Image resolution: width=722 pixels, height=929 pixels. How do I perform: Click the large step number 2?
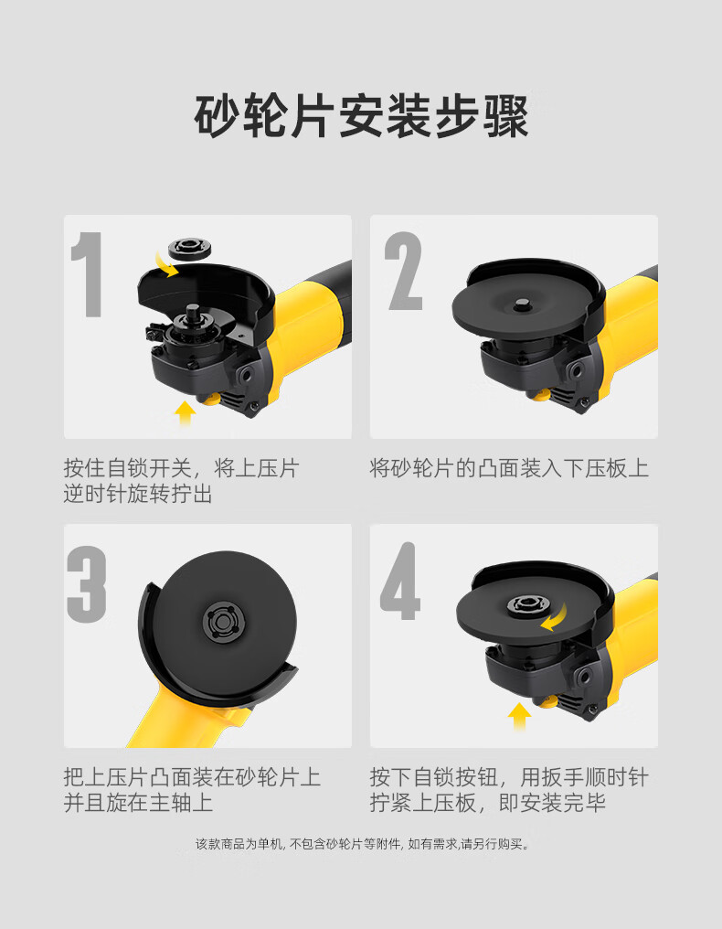pyautogui.click(x=404, y=271)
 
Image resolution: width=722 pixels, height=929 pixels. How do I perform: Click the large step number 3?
pyautogui.click(x=87, y=584)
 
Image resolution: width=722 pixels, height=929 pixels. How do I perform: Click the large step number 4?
pyautogui.click(x=400, y=582)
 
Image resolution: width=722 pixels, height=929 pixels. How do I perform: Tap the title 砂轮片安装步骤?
pyautogui.click(x=361, y=115)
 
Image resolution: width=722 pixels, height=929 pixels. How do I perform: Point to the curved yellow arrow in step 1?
pyautogui.click(x=165, y=263)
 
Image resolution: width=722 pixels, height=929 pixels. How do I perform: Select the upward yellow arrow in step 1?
pyautogui.click(x=186, y=413)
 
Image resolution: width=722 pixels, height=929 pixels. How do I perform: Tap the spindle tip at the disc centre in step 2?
pyautogui.click(x=522, y=304)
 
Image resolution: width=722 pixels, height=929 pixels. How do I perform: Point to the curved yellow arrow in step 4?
pyautogui.click(x=554, y=618)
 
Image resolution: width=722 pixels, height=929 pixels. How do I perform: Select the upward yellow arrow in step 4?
pyautogui.click(x=519, y=716)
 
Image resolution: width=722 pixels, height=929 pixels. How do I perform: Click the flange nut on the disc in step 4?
pyautogui.click(x=527, y=605)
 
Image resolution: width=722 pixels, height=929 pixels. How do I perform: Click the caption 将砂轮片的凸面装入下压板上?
pyautogui.click(x=509, y=468)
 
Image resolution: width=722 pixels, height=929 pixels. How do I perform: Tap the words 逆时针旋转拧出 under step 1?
pyautogui.click(x=138, y=494)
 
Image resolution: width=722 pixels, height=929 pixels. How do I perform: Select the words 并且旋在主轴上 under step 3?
pyautogui.click(x=138, y=803)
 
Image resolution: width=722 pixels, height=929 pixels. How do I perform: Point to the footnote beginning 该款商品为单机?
pyautogui.click(x=363, y=844)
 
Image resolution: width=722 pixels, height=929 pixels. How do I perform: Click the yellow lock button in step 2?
pyautogui.click(x=539, y=395)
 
